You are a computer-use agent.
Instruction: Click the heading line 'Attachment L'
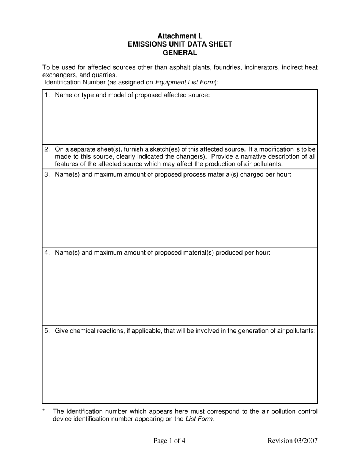pos(180,36)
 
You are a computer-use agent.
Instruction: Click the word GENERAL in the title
pos(180,53)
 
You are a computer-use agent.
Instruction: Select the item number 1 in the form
pos(47,95)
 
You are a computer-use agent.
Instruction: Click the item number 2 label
pos(47,149)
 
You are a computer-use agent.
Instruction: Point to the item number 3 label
pos(47,174)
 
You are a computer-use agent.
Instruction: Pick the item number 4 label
pos(47,252)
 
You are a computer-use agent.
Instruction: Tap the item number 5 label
pos(47,331)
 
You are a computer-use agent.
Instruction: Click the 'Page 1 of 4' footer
pos(169,441)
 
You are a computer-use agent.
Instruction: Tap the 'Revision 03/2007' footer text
pos(292,441)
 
